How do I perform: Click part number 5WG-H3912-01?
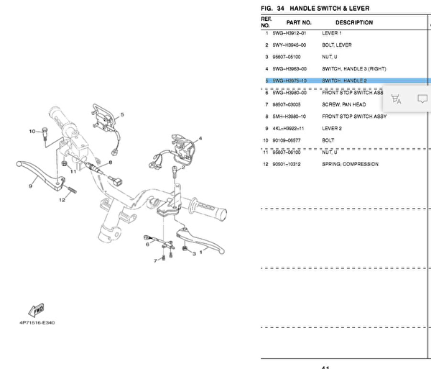pos(289,34)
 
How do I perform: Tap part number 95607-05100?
pos(287,57)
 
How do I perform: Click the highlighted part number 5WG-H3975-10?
pos(289,81)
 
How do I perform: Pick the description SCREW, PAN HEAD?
pos(344,104)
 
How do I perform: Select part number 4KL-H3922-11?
pos(289,128)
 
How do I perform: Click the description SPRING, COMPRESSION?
pos(350,164)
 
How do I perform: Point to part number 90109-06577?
pos(287,140)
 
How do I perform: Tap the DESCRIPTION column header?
pos(354,22)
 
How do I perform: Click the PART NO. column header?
pos(299,22)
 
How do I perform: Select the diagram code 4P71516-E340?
pos(37,322)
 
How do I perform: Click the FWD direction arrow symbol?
pos(35,310)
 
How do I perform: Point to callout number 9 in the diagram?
pos(30,186)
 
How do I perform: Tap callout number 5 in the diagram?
pos(122,115)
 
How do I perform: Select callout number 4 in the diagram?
pos(200,138)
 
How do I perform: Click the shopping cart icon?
pos(397,99)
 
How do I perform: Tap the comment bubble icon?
pos(422,99)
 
